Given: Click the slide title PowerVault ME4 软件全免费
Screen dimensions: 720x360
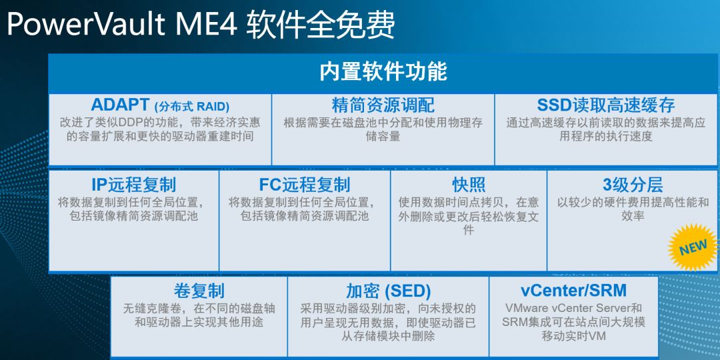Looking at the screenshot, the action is [x=201, y=25].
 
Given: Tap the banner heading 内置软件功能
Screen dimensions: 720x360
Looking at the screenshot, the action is [x=383, y=72].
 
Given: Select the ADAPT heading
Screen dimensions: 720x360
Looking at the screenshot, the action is [x=120, y=105].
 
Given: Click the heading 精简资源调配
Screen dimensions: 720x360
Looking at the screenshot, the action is [x=383, y=105].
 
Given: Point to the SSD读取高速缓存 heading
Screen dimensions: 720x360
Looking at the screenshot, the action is [x=605, y=105].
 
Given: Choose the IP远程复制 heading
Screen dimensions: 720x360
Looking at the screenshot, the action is [x=133, y=185].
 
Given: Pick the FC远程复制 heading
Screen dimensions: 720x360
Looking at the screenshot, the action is [x=305, y=185].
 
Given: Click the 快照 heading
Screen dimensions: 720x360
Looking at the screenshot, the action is [x=469, y=185].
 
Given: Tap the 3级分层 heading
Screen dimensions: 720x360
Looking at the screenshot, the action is [x=633, y=185].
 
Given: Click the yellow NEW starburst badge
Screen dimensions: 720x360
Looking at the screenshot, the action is [x=693, y=247].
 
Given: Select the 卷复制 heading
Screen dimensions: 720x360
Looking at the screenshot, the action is [x=199, y=291].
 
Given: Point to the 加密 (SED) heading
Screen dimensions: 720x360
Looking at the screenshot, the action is [x=388, y=291].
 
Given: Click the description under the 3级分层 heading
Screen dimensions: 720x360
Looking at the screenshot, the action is [x=633, y=209].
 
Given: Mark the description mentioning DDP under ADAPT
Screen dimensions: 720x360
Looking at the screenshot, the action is [x=160, y=129].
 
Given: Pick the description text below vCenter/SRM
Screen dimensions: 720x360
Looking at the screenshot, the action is [x=573, y=322].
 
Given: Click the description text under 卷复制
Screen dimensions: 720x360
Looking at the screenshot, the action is [x=199, y=315].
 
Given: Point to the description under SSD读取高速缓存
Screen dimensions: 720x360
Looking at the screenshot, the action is [x=605, y=129].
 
